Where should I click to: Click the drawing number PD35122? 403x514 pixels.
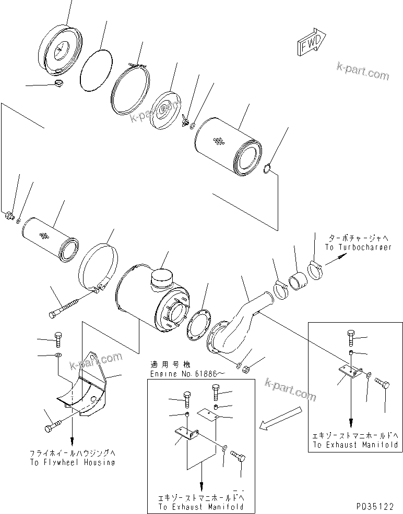375,506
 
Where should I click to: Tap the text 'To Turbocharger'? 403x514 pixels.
358,248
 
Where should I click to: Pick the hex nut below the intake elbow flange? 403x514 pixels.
247,370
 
